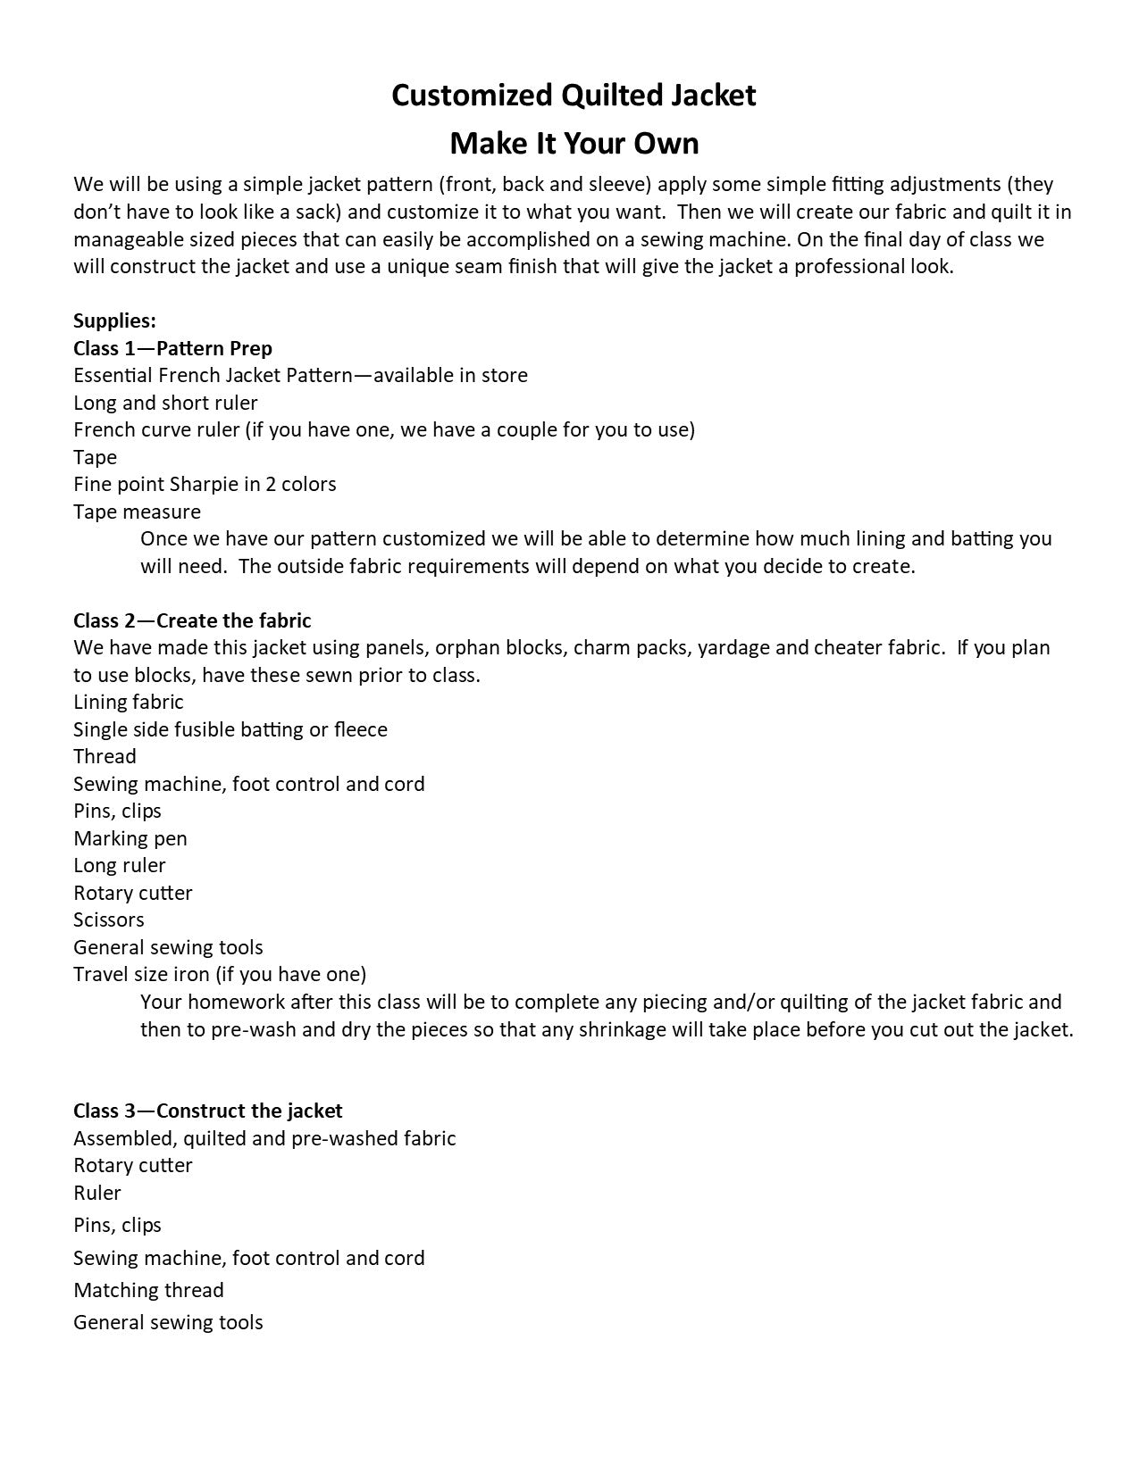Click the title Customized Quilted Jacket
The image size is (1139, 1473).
[x=574, y=96]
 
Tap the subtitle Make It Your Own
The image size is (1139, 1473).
[x=574, y=143]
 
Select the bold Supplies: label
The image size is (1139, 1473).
[x=114, y=320]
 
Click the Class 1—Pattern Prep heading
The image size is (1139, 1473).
[x=172, y=348]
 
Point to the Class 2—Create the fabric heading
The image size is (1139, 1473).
[x=192, y=620]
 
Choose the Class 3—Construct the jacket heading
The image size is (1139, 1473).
[x=207, y=1111]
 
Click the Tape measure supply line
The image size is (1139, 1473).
[x=137, y=512]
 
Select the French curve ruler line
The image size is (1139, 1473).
[x=383, y=429]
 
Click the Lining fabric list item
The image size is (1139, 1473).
[x=128, y=703]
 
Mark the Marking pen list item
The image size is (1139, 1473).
[x=130, y=838]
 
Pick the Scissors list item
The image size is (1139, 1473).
[x=108, y=920]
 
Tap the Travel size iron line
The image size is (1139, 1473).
[x=219, y=974]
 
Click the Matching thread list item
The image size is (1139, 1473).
[x=148, y=1290]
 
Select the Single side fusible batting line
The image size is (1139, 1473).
[x=230, y=729]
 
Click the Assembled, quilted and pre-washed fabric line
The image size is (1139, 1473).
[x=264, y=1138]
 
